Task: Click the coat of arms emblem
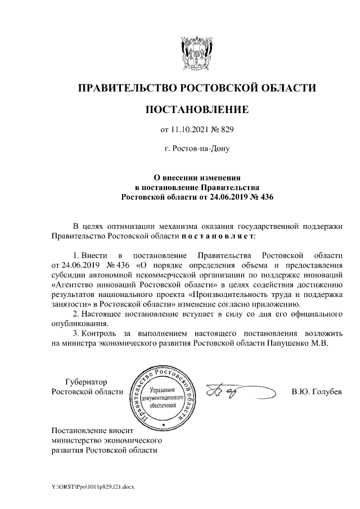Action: tap(196, 53)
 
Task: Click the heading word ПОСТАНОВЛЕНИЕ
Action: tap(196, 109)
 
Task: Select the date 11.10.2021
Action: tap(192, 130)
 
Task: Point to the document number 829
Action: tap(226, 130)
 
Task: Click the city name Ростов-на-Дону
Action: tap(197, 149)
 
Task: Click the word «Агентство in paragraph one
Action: tap(72, 285)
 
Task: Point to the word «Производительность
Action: tap(232, 294)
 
